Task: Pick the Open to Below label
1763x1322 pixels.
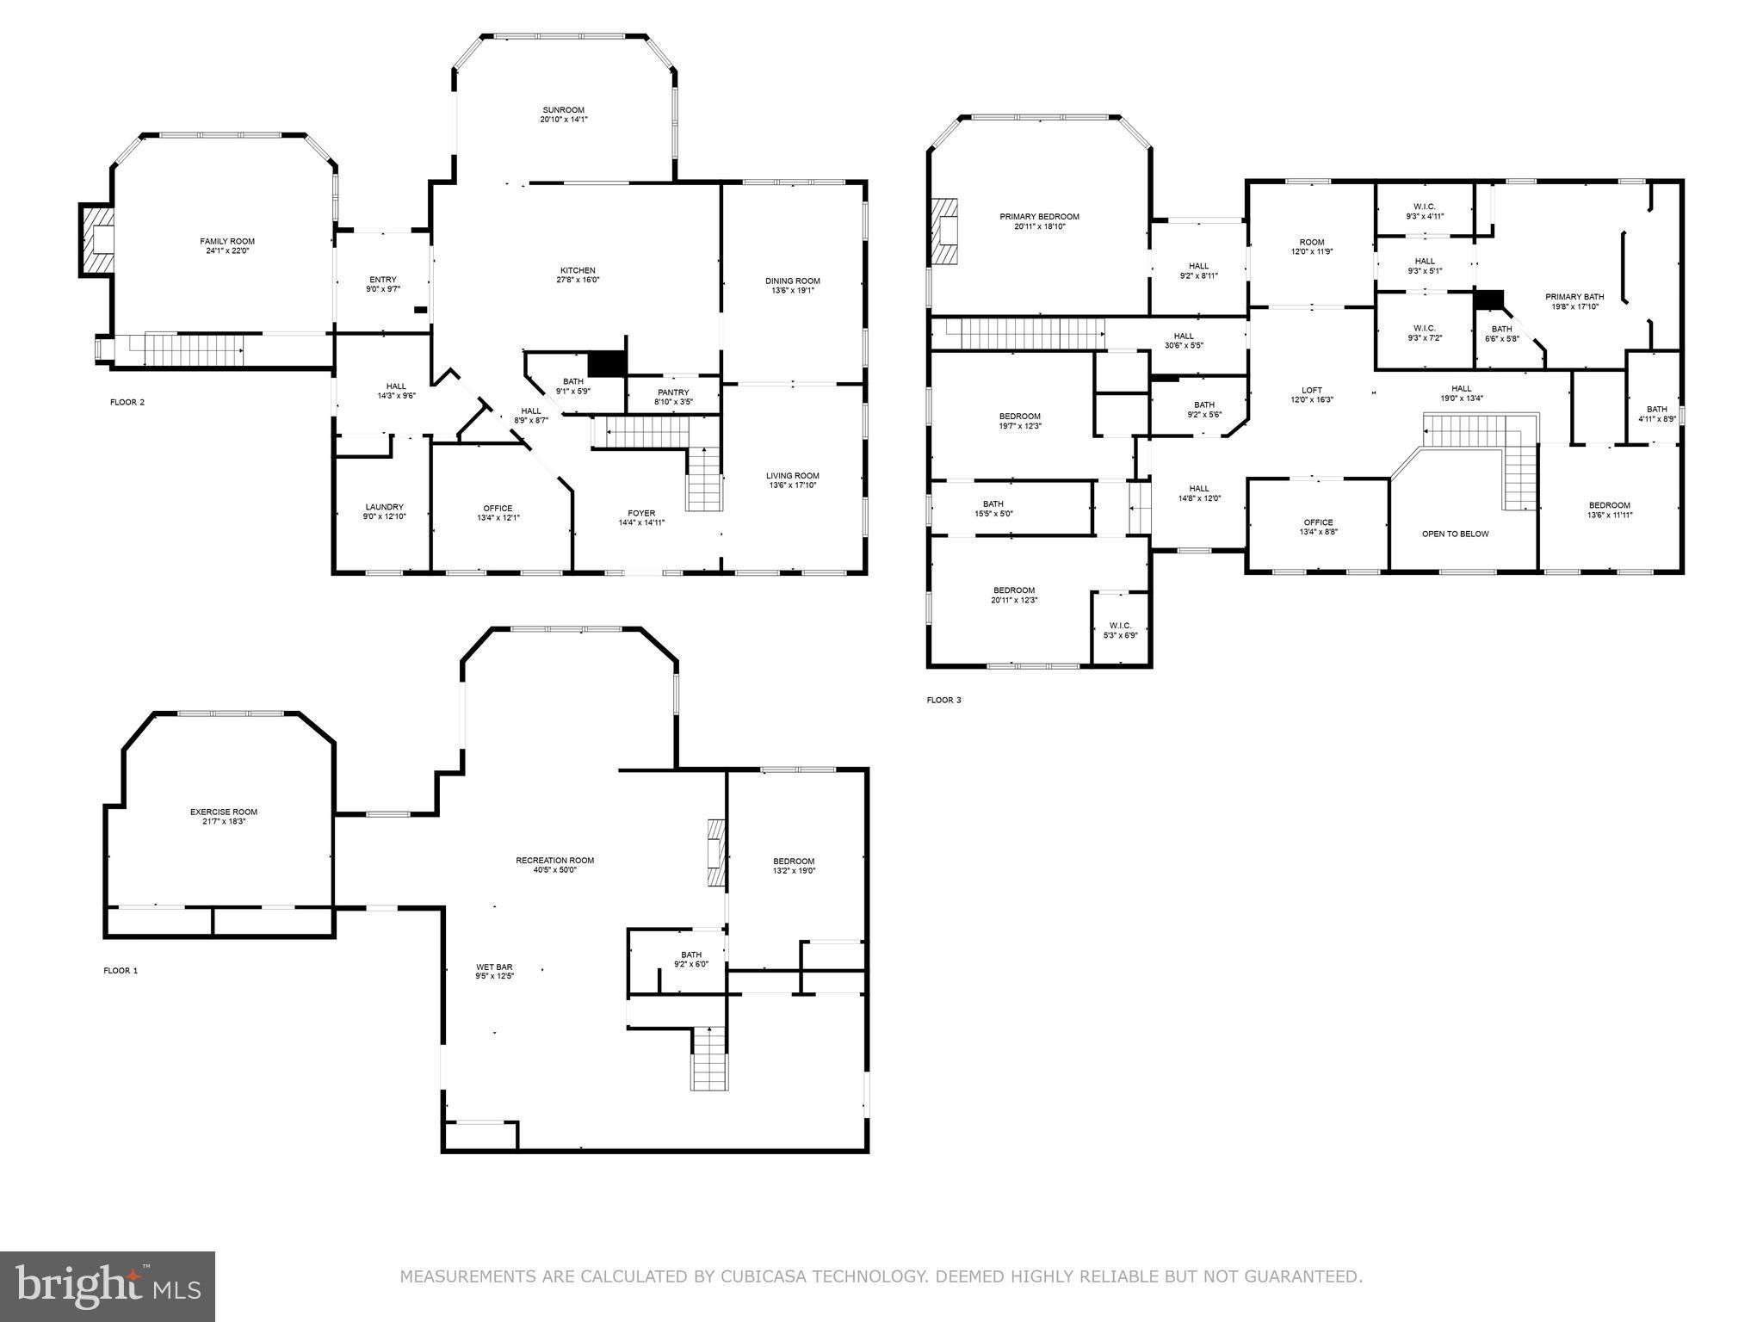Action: tap(1455, 534)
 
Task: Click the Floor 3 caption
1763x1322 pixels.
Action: tap(943, 700)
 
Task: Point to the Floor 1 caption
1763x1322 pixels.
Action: tap(121, 970)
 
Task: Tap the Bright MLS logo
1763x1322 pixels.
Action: tap(108, 1287)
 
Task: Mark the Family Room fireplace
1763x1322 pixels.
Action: tap(96, 240)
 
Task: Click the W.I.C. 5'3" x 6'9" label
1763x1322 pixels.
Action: tap(1120, 630)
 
